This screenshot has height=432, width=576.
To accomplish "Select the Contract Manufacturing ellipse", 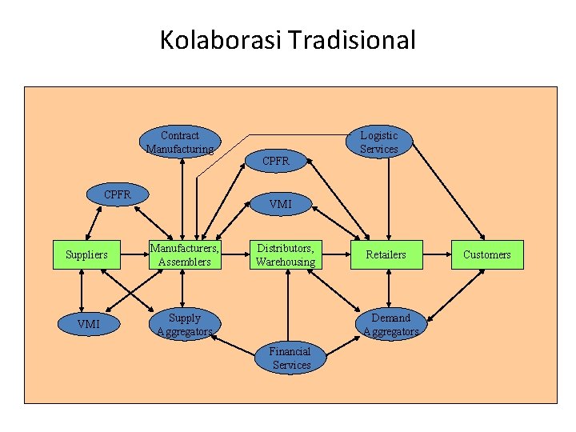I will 180,142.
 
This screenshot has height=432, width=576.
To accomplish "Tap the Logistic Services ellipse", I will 378,142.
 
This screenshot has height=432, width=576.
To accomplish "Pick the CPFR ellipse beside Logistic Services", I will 275,161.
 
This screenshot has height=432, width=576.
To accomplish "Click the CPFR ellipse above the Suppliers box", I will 118,194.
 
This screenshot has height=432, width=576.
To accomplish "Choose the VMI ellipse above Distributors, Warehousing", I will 281,204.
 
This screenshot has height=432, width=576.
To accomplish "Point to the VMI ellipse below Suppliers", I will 88,324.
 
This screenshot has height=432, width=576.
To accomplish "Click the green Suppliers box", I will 86,254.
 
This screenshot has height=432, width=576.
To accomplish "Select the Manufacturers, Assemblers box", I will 185,254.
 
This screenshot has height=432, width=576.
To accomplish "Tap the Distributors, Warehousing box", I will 286,254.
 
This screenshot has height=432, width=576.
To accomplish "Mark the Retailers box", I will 386,254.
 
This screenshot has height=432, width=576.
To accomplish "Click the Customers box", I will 486,254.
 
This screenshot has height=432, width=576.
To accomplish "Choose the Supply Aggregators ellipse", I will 185,324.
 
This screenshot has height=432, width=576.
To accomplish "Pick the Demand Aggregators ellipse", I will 390,324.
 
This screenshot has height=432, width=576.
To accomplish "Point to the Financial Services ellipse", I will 290,358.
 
